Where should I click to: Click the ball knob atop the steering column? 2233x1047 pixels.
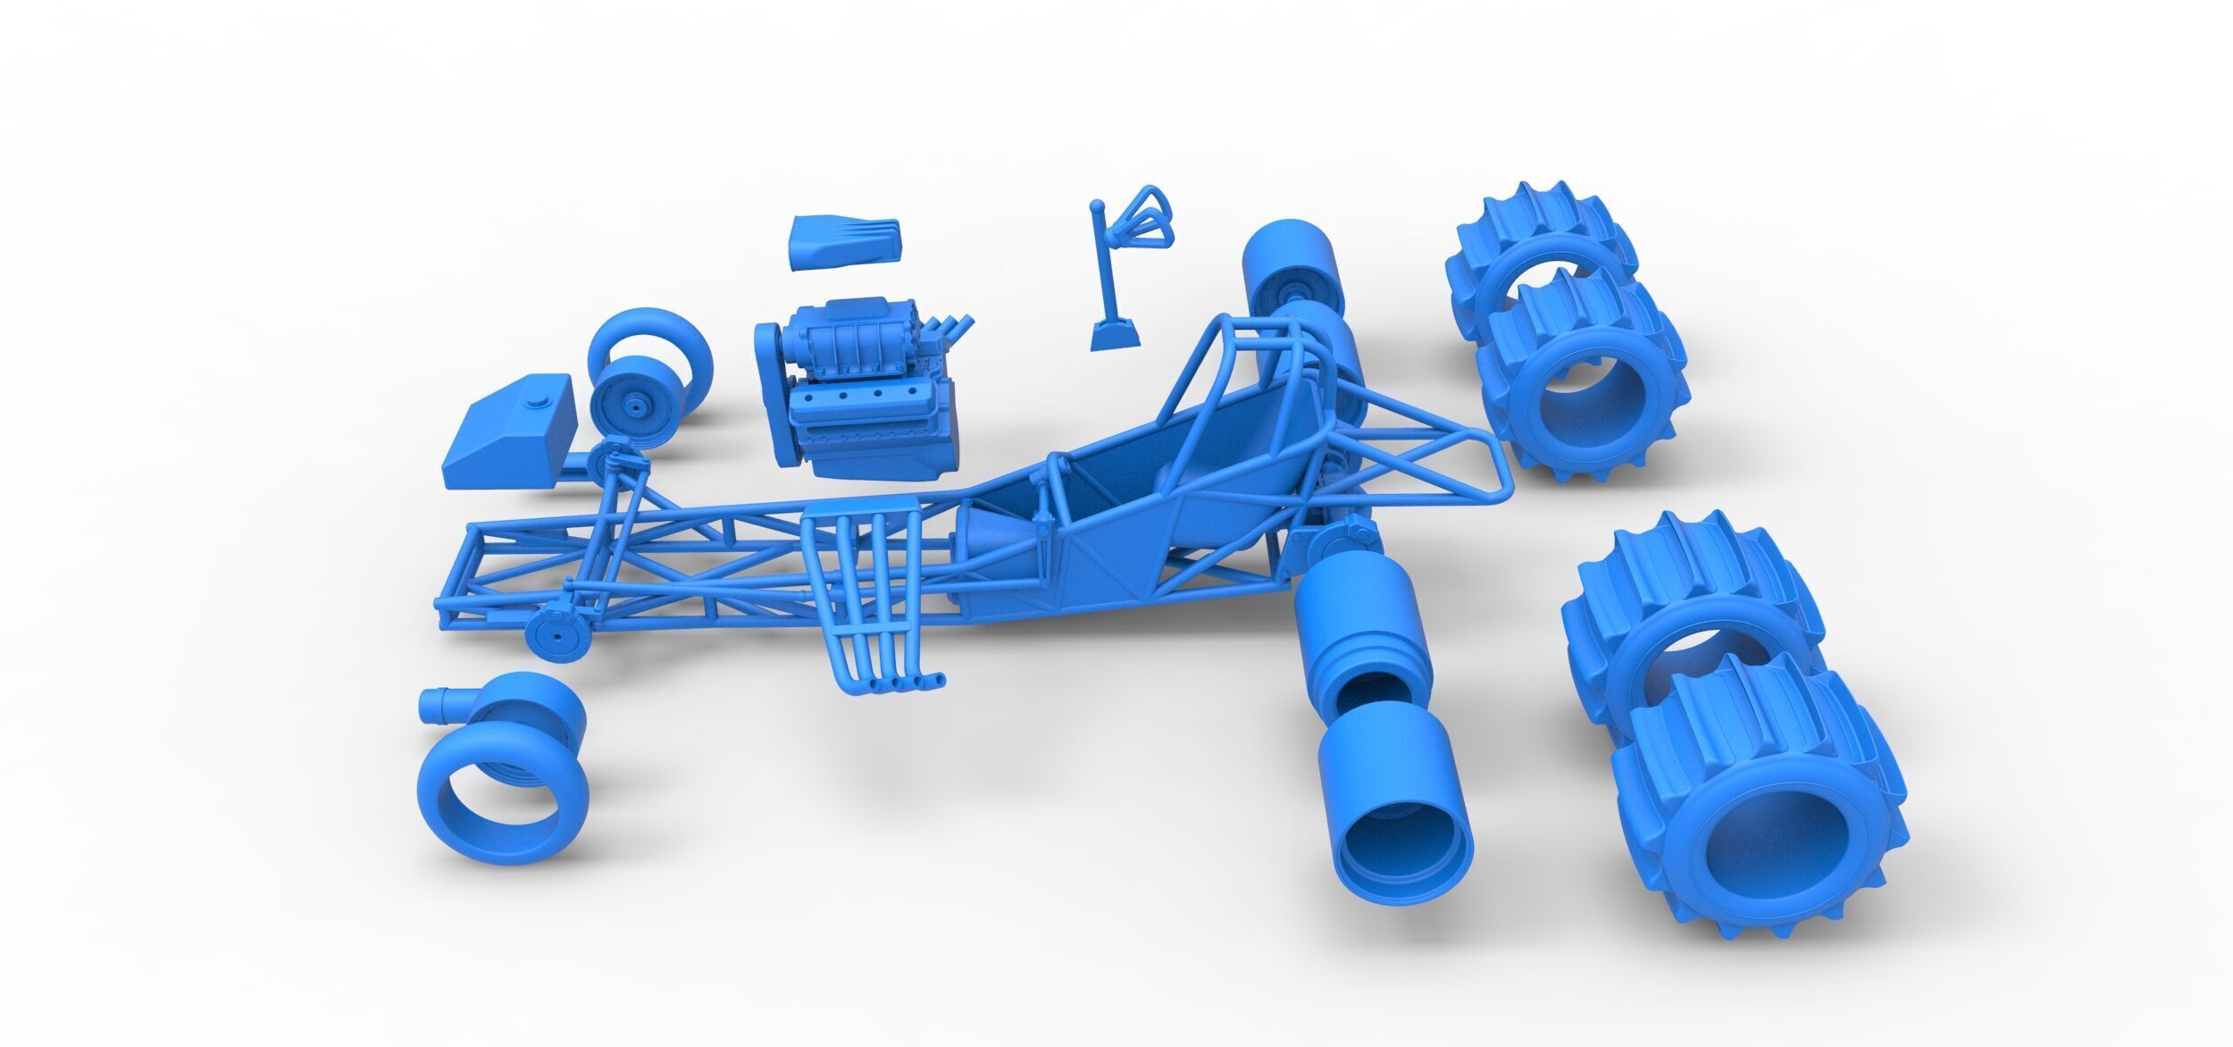(x=1097, y=207)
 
